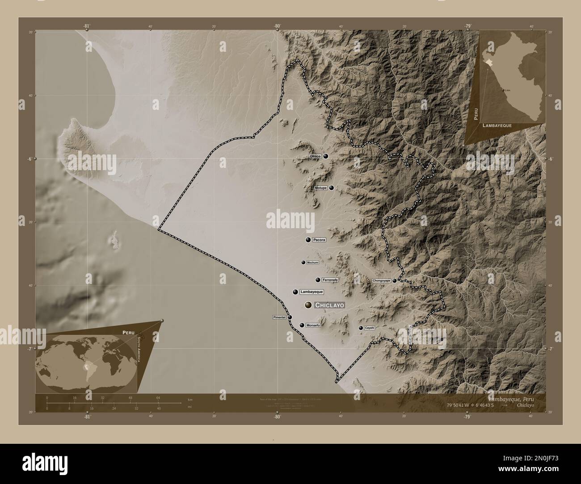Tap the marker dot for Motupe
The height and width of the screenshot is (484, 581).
(331, 188)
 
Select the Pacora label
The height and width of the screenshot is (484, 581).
(319, 240)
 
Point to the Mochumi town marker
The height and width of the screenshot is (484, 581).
(303, 263)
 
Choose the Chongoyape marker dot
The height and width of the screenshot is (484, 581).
(395, 281)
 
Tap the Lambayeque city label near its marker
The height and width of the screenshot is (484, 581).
(312, 292)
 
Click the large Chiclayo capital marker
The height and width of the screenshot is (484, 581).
(308, 305)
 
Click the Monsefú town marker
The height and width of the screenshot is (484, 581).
(302, 325)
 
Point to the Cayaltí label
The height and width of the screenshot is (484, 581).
(370, 328)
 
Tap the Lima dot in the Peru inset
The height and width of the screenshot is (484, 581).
(504, 90)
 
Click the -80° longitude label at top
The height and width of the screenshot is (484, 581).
(277, 26)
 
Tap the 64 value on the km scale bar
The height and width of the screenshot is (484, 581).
(158, 397)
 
